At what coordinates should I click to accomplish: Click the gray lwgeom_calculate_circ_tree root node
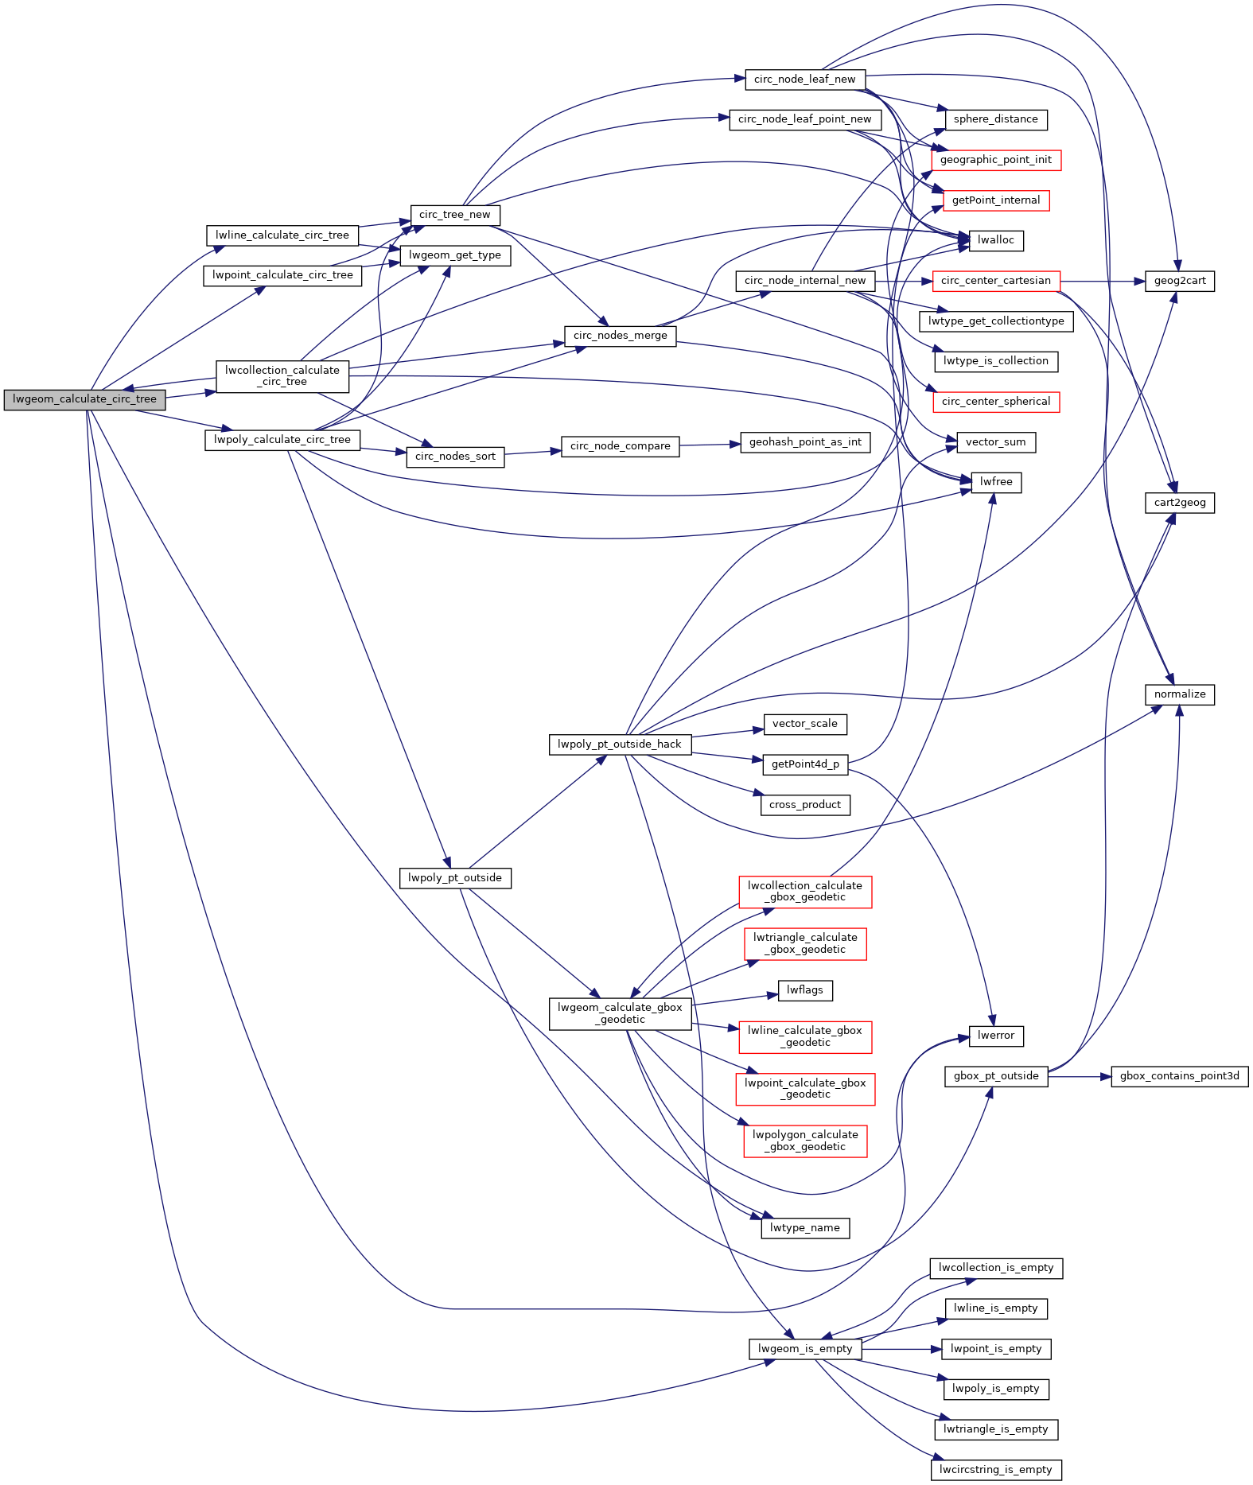coord(84,399)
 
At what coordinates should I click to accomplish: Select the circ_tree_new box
coord(455,215)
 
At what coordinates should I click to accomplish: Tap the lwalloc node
coord(996,240)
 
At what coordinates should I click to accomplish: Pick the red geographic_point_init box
coord(996,160)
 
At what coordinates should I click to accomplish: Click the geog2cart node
coord(1180,281)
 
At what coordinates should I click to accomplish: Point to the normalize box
coord(1180,694)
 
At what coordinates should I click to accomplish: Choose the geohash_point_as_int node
coord(805,442)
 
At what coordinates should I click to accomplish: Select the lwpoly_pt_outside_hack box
coord(620,744)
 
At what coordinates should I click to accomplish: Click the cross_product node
coord(805,805)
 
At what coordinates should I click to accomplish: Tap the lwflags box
coord(805,990)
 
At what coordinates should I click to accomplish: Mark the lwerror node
coord(996,1036)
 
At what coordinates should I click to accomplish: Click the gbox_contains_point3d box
coord(1180,1076)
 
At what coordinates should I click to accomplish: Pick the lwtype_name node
coord(805,1228)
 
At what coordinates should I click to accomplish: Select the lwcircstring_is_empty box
coord(996,1470)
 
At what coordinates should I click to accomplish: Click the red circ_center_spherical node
coord(996,402)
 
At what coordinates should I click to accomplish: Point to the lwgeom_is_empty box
coord(805,1349)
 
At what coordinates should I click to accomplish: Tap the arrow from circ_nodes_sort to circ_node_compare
coord(533,453)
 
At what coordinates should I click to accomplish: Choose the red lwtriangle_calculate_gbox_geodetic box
coord(805,944)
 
